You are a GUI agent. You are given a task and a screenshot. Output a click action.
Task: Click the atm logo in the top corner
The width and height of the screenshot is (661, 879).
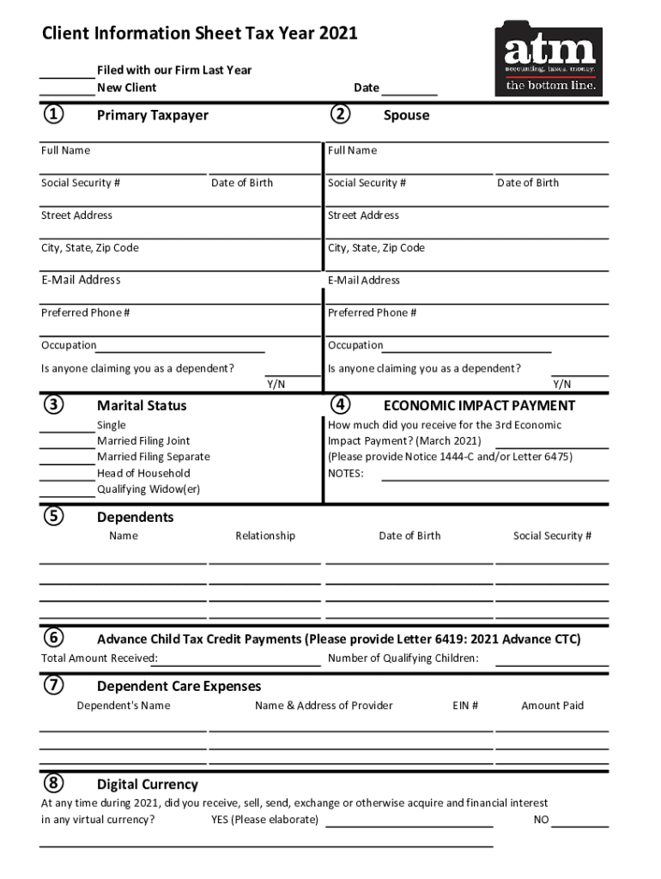coord(548,58)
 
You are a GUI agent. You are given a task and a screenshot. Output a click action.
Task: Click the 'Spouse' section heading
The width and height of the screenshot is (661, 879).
coord(406,115)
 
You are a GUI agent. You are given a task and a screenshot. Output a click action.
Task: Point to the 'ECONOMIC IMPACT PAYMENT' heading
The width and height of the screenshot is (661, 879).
coord(479,405)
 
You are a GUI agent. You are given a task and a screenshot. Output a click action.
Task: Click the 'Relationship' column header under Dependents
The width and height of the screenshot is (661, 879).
coord(265,536)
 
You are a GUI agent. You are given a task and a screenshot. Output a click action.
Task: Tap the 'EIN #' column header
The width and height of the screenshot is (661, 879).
coord(465,706)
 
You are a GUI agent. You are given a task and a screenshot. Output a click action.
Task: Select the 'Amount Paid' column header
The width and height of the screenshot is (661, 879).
coord(552,706)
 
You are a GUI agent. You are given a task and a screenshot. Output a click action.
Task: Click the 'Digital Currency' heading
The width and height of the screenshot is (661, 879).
coord(147,785)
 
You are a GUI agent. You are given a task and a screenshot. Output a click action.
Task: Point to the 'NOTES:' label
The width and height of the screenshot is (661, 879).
coord(346,473)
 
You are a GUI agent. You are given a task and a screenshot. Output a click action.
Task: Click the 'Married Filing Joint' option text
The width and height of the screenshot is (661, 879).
coord(143,441)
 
